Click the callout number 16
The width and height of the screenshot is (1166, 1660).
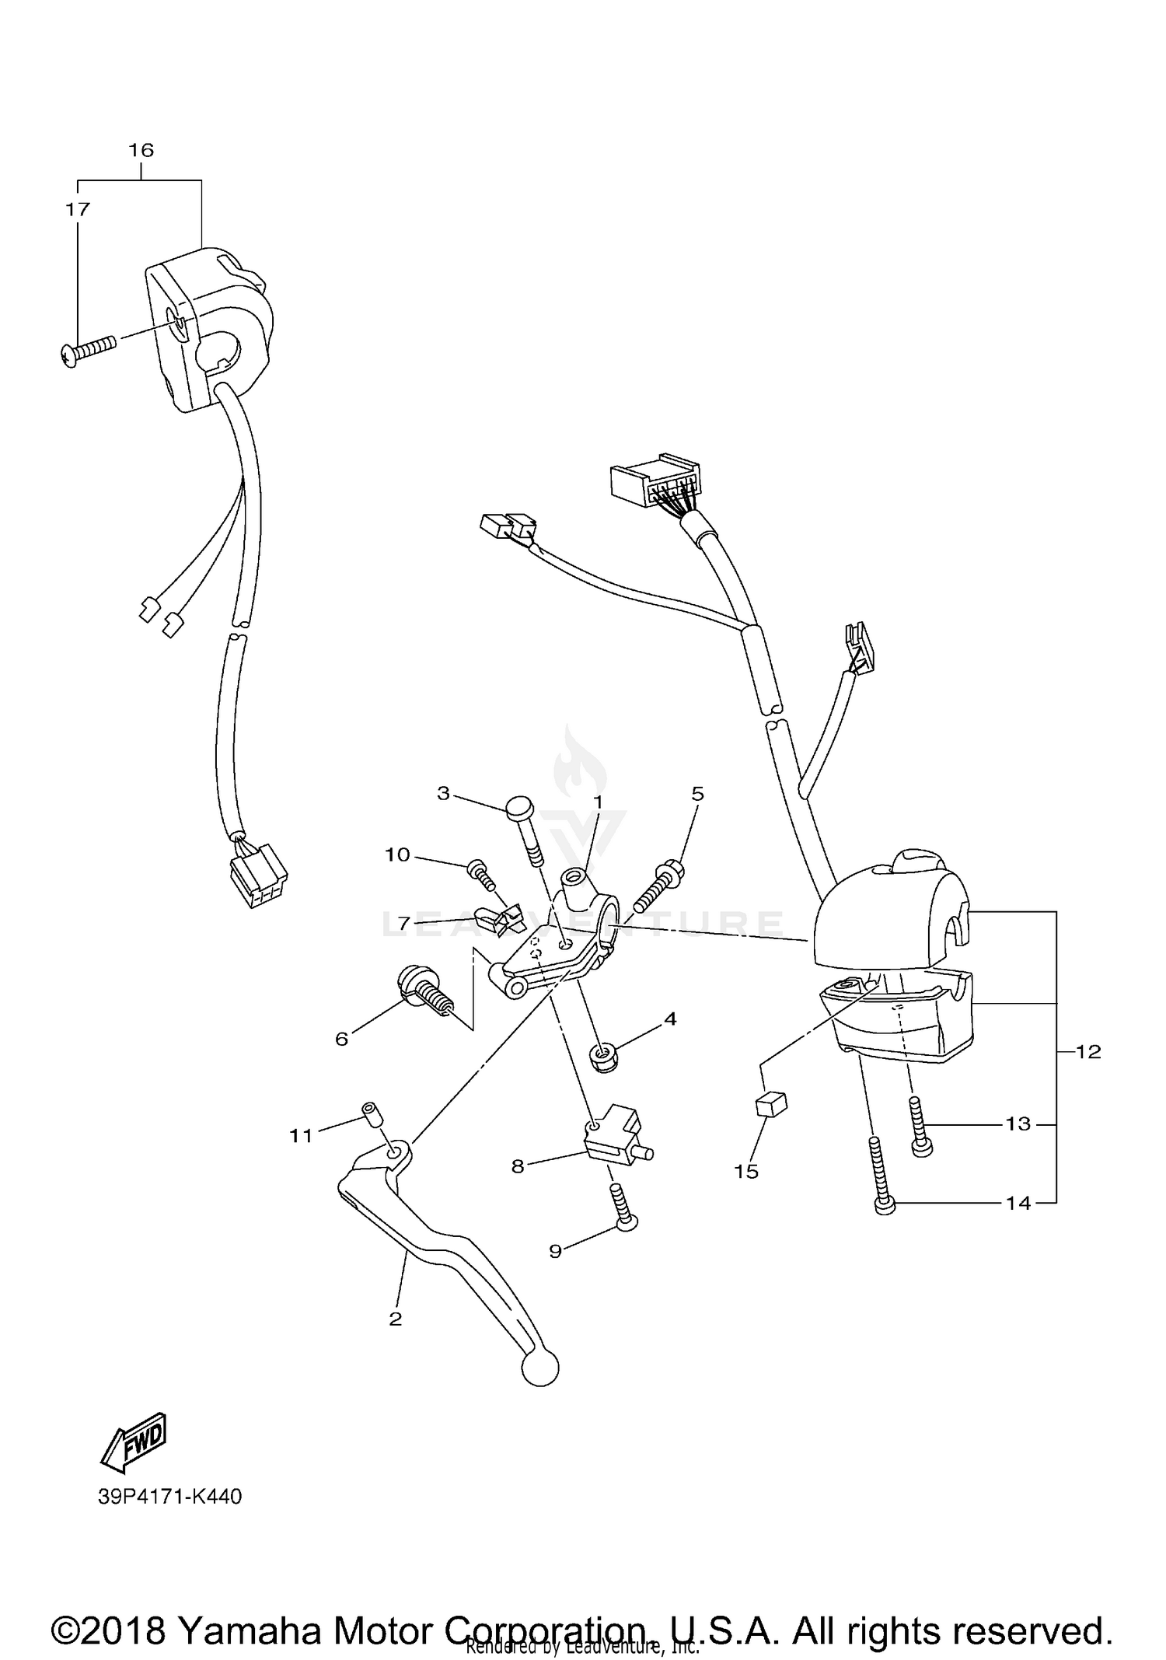click(x=141, y=150)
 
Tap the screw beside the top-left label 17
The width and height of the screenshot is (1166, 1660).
click(x=87, y=349)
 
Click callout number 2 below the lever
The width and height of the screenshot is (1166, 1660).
click(x=395, y=1319)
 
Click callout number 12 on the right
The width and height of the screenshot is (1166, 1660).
click(x=1088, y=1051)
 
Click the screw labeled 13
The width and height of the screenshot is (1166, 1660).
click(x=919, y=1127)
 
